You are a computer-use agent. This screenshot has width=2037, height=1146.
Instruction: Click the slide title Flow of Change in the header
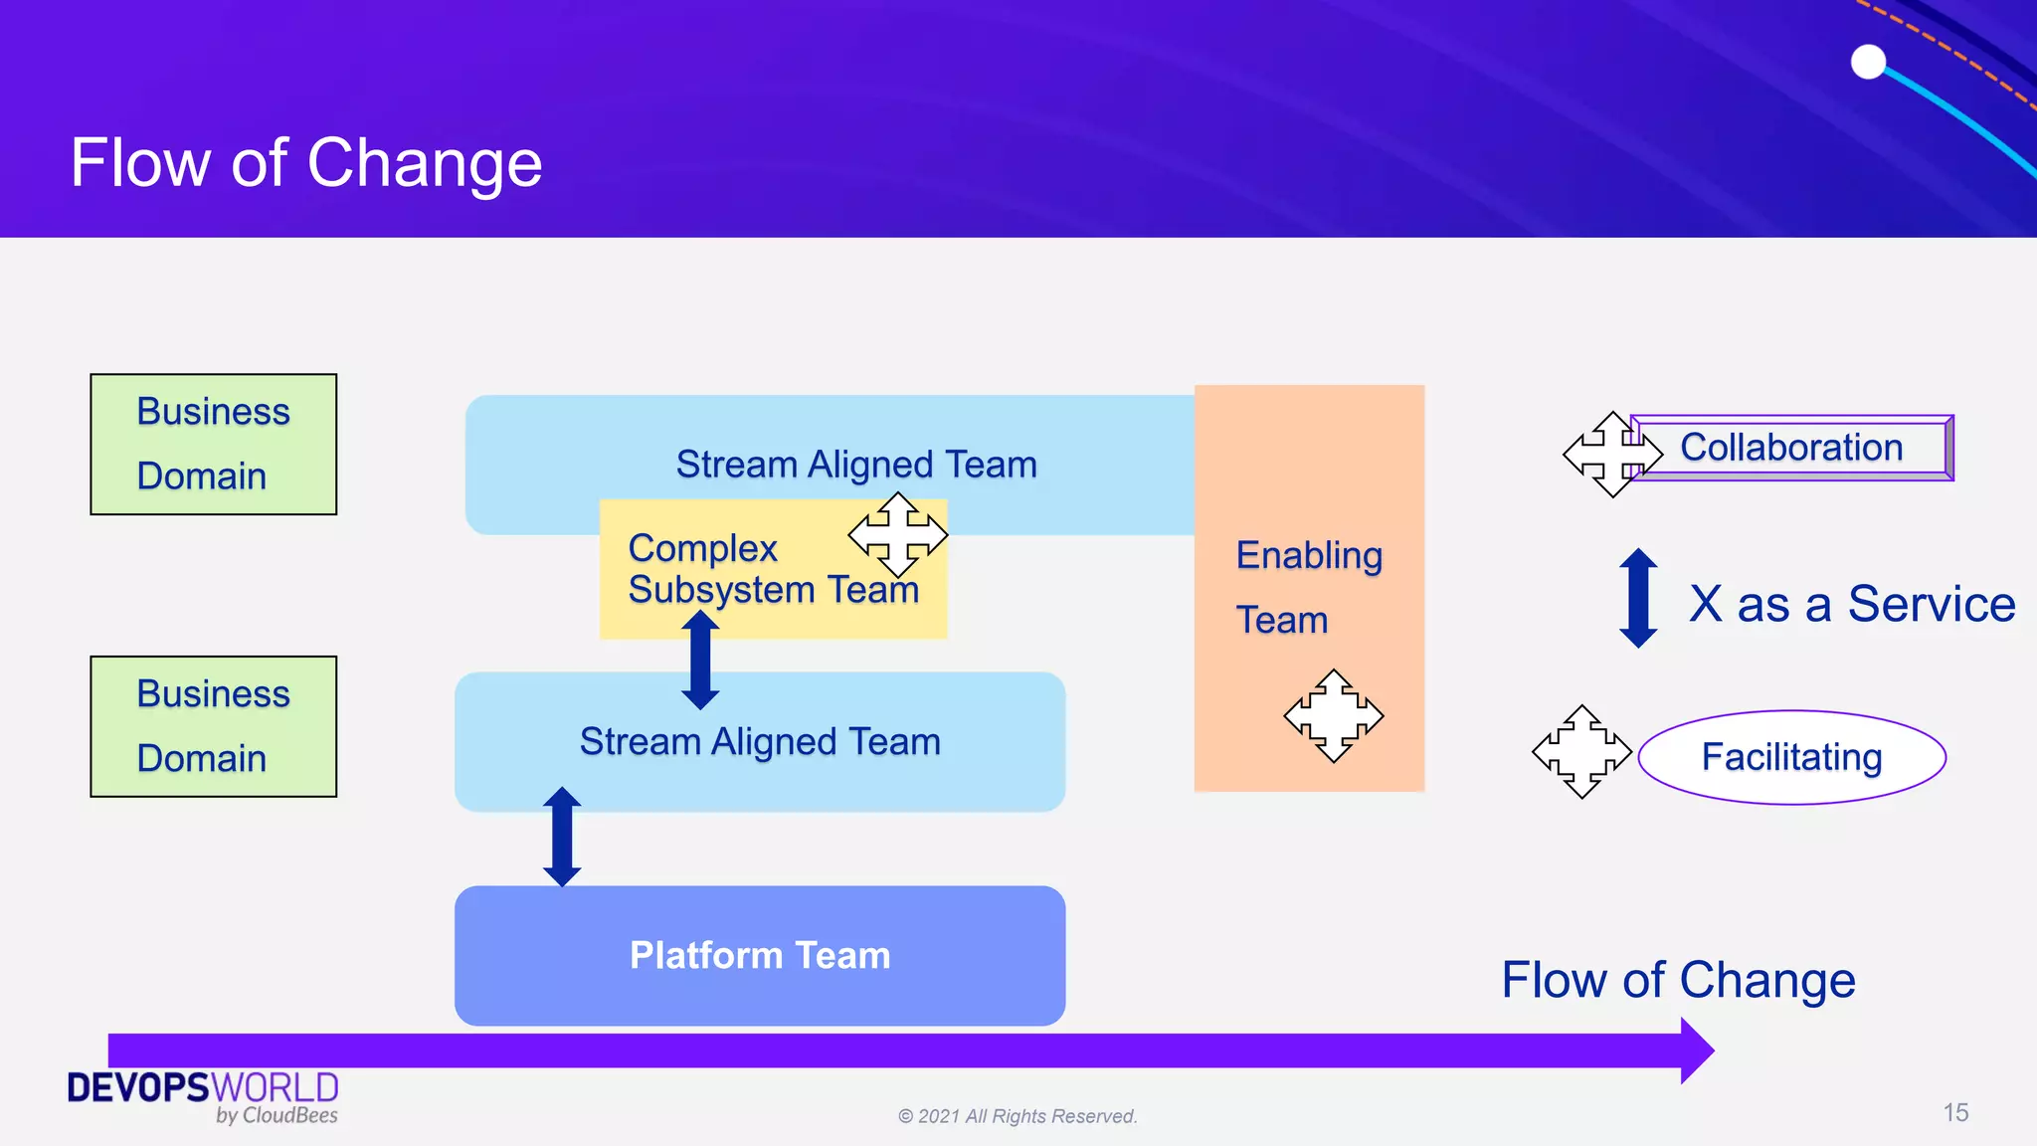tap(306, 163)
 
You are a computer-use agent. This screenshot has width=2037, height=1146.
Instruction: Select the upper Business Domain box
tap(213, 444)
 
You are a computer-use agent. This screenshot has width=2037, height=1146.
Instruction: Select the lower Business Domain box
tap(213, 726)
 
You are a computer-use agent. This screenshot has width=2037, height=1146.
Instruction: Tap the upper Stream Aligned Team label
tap(855, 465)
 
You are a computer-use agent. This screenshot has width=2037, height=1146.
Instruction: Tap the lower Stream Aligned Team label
tap(760, 742)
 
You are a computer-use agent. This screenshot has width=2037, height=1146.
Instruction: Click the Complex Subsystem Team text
tap(772, 570)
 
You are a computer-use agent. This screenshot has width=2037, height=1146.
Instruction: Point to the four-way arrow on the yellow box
tap(897, 535)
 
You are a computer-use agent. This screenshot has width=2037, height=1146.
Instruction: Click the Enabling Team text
tap(1308, 587)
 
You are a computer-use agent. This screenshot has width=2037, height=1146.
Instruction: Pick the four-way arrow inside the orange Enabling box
tap(1333, 716)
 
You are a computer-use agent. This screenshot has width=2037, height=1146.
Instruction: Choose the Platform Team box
tap(760, 955)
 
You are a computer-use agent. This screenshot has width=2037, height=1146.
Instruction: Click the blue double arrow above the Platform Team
tap(562, 836)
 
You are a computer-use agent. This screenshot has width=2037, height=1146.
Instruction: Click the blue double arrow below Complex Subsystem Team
tap(700, 660)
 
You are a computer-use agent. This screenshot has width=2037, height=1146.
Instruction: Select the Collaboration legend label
tap(1791, 448)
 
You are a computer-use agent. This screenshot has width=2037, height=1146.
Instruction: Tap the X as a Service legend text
tap(1851, 604)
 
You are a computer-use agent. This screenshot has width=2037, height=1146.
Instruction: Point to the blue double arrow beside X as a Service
tap(1638, 598)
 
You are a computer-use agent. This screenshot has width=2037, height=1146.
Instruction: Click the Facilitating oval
tap(1791, 757)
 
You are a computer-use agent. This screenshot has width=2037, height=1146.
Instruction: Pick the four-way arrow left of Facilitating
tap(1581, 752)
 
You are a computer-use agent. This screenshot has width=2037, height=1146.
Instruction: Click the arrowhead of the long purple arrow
tap(1697, 1050)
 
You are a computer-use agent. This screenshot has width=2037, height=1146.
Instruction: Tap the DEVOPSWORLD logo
tap(203, 1095)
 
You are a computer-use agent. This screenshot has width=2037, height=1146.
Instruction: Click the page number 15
tap(1955, 1112)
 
